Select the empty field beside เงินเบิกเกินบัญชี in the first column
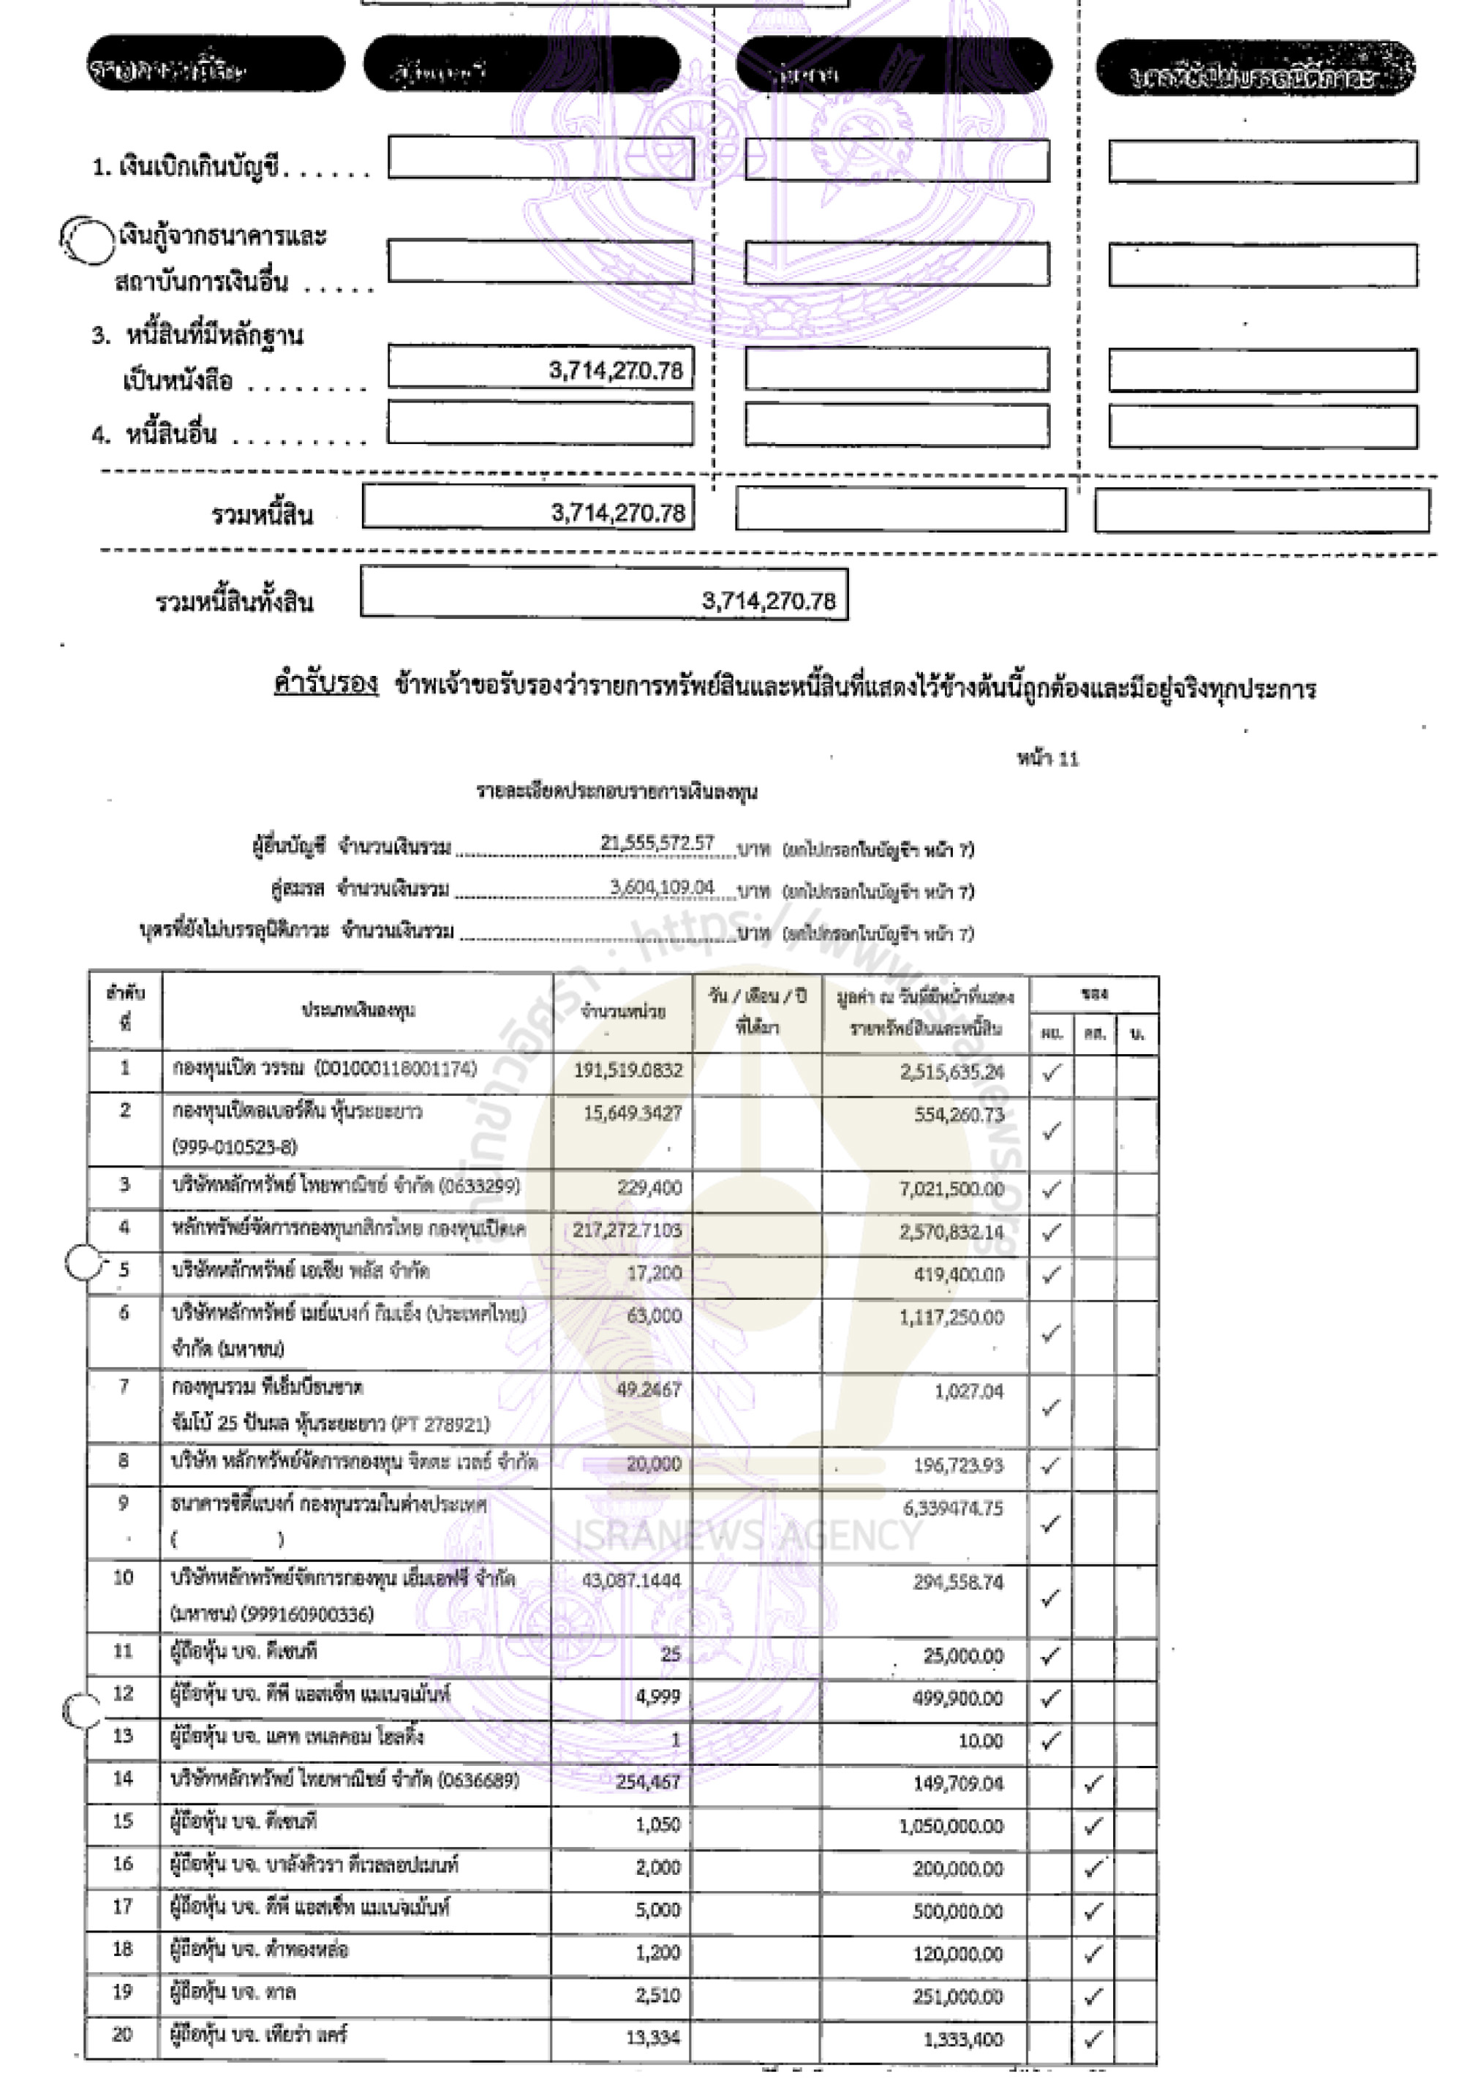[x=540, y=158]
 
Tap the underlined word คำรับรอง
[x=325, y=683]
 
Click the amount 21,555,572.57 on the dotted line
[x=657, y=843]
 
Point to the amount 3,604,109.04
[x=661, y=887]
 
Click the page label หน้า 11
[x=1047, y=758]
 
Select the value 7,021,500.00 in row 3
[x=951, y=1189]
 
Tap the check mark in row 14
[x=1093, y=1783]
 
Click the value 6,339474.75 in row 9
[x=953, y=1508]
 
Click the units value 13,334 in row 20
[x=652, y=2037]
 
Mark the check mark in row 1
[x=1051, y=1072]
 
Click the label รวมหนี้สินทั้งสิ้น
[x=234, y=601]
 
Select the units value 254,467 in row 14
[x=648, y=1781]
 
